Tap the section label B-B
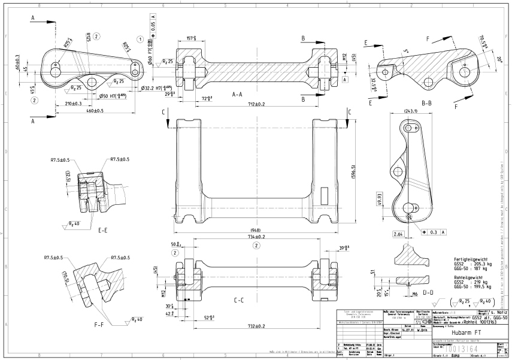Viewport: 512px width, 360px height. tap(427, 102)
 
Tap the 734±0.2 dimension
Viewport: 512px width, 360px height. tap(255, 237)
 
